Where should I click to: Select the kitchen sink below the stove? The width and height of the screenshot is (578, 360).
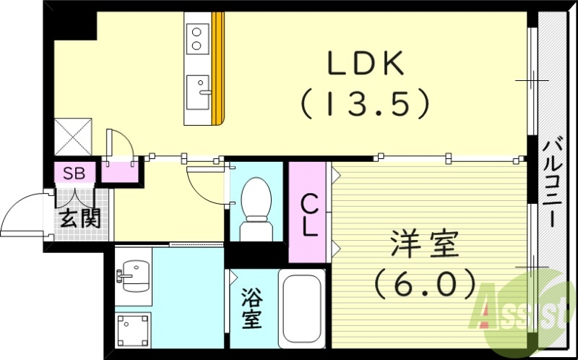pos(197,89)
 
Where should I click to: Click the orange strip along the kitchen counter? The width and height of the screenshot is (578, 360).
pos(219,69)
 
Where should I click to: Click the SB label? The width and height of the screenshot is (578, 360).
pos(73,173)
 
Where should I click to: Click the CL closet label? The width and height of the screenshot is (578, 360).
pos(309,215)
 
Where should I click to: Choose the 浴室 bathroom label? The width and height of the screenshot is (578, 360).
pos(251,309)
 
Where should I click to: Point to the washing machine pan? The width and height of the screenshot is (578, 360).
pos(134,330)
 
